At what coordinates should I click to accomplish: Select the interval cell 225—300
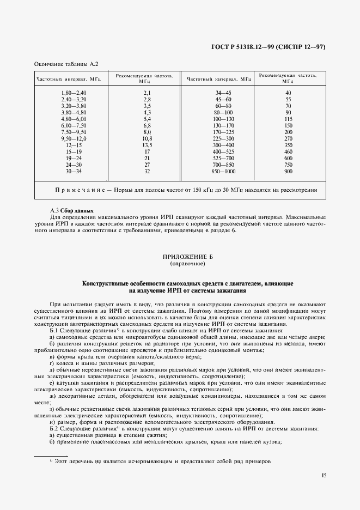(223, 139)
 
